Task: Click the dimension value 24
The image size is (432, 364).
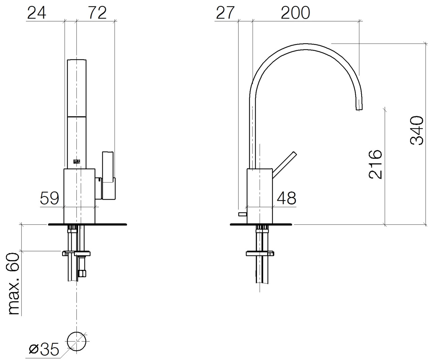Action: (37, 13)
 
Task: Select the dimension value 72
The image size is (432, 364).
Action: (97, 13)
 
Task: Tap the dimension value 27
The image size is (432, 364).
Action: (225, 13)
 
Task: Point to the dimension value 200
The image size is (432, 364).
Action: (295, 13)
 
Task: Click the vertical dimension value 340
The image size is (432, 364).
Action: (417, 130)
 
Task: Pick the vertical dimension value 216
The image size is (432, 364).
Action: (375, 164)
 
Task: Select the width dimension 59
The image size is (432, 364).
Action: (49, 198)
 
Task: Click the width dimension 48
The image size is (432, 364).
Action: (287, 198)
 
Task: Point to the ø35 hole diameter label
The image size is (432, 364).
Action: (44, 349)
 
